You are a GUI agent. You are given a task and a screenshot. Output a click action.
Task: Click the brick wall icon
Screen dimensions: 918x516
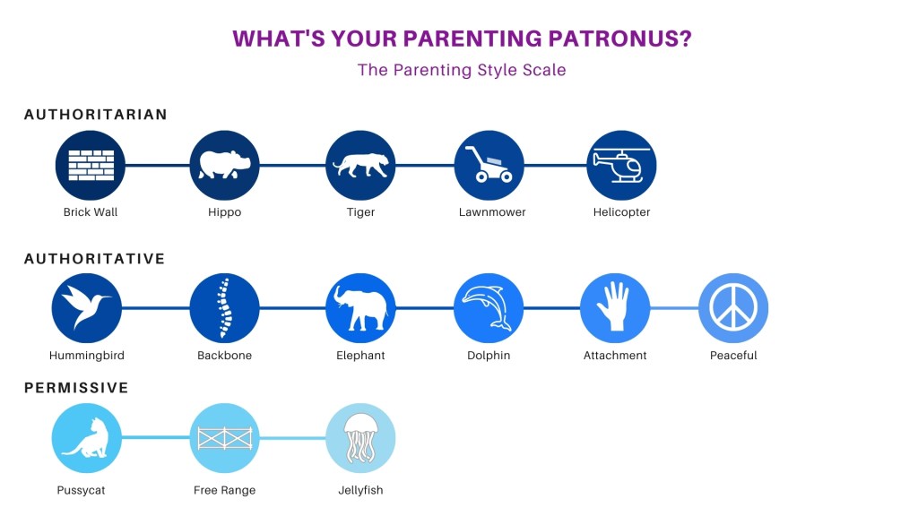pos(91,166)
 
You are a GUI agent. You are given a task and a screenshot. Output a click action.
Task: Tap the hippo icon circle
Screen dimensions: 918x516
pos(224,166)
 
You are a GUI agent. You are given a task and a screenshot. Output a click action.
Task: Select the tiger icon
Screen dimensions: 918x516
pos(360,166)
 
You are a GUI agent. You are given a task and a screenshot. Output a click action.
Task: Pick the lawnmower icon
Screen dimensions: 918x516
pos(489,166)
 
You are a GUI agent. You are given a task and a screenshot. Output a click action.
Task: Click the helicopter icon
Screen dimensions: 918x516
pos(621,166)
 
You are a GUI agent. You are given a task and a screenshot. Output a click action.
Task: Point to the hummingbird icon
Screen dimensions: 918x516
pos(87,308)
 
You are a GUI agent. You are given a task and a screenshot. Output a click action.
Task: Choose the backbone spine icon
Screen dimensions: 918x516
pos(224,308)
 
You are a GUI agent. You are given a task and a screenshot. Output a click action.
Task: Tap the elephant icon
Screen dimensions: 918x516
pos(360,308)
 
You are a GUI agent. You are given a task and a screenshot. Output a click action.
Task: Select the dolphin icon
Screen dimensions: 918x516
pos(489,308)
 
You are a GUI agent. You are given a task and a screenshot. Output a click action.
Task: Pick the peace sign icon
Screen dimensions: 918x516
pos(733,308)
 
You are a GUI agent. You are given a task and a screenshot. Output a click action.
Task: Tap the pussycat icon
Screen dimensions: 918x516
pos(87,437)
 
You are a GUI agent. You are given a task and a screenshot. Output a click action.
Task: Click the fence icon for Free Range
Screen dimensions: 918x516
pos(224,437)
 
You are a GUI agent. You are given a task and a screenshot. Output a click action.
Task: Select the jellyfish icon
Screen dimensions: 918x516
pos(360,437)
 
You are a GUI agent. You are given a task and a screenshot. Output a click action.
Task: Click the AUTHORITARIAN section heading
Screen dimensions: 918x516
pos(95,114)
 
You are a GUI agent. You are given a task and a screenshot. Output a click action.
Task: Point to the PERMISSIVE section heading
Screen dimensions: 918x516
pos(76,388)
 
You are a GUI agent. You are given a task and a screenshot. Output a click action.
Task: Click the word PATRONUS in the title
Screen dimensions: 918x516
pos(620,39)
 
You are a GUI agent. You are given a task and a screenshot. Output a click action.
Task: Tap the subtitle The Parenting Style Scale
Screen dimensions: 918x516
pos(462,70)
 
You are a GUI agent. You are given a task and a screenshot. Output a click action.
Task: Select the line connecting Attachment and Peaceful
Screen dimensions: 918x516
pos(674,308)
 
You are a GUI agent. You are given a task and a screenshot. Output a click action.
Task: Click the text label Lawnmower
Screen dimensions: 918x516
pos(492,211)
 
